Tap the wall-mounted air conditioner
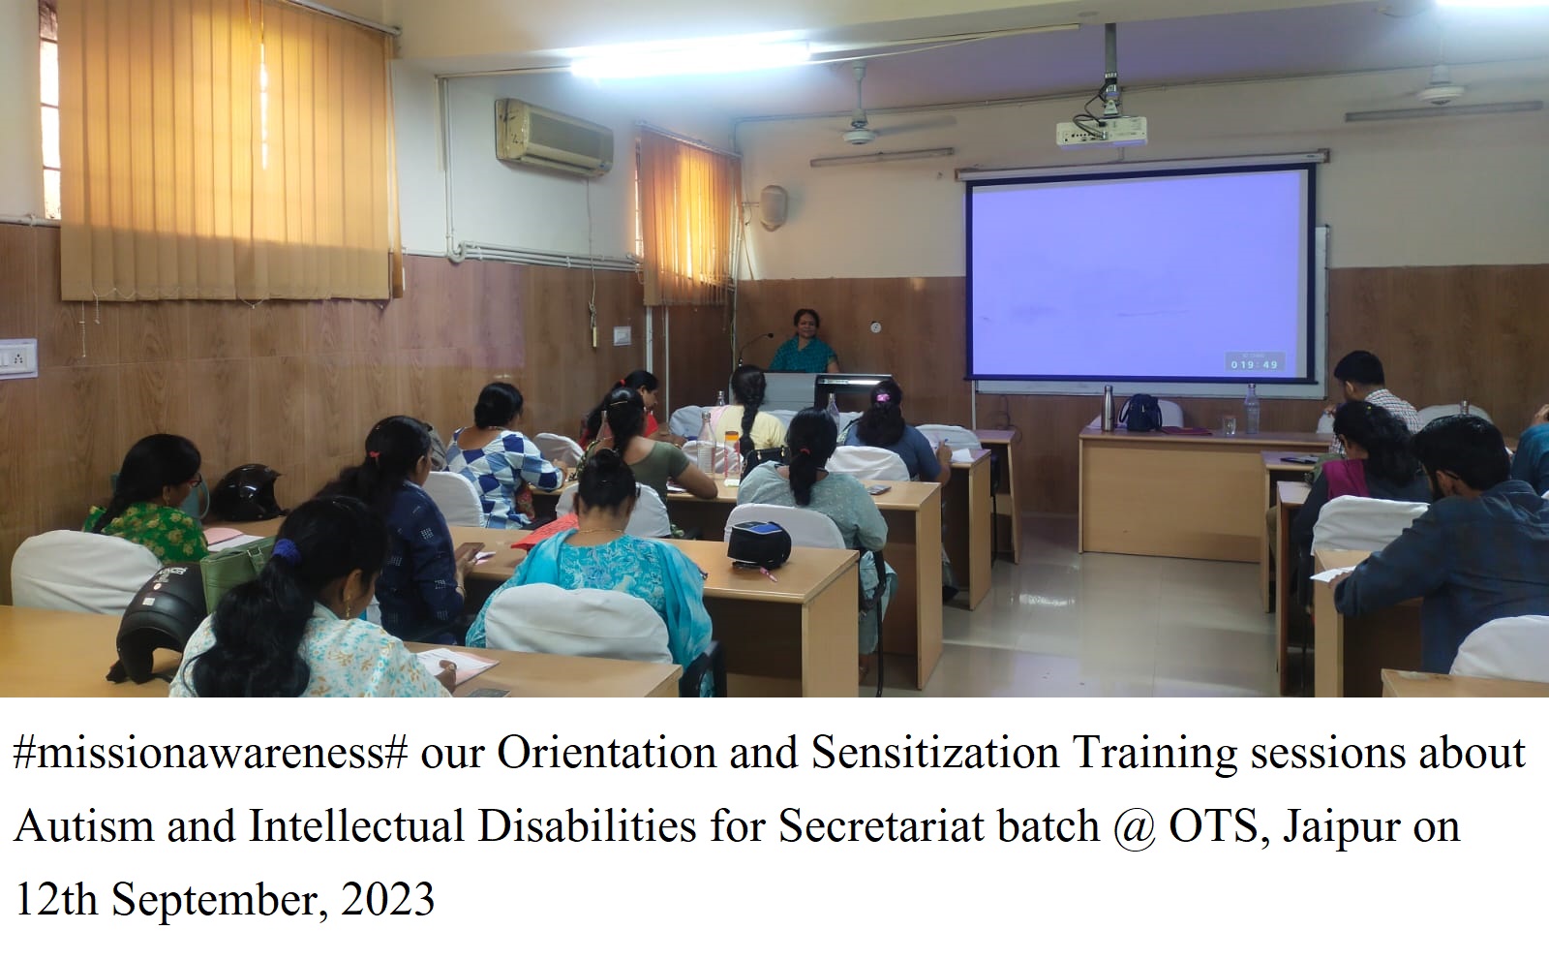pyautogui.click(x=554, y=137)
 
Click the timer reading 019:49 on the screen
pyautogui.click(x=1255, y=362)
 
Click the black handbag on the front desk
pyautogui.click(x=1139, y=413)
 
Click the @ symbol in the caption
pyautogui.click(x=1134, y=827)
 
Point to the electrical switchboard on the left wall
pyautogui.click(x=18, y=358)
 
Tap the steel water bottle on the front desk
pyautogui.click(x=1109, y=408)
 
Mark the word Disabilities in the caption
pyautogui.click(x=587, y=826)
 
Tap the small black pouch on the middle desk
pyautogui.click(x=759, y=543)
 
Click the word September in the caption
pyautogui.click(x=219, y=902)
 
